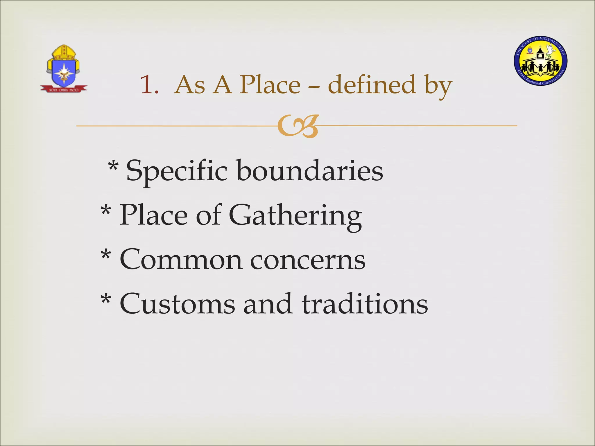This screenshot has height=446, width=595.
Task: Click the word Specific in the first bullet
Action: pos(176,171)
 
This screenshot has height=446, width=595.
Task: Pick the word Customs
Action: pos(177,304)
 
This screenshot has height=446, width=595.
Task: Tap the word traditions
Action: pos(364,304)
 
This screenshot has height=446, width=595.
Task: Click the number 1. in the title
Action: pos(149,85)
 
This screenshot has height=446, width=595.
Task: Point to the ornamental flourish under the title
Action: pos(297,126)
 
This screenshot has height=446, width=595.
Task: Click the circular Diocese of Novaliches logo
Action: pos(541,61)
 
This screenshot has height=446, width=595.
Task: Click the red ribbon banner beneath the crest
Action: pos(64,89)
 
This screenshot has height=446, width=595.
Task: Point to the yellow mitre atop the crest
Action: pos(64,52)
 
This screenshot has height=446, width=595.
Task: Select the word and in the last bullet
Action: pos(268,304)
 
